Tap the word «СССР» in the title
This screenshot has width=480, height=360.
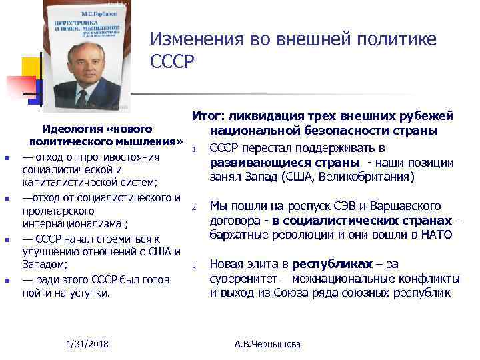tap(172, 62)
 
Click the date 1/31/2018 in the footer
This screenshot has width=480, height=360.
tap(88, 343)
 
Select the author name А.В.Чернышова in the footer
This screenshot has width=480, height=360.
tap(268, 344)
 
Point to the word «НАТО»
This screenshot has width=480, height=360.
tap(437, 235)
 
